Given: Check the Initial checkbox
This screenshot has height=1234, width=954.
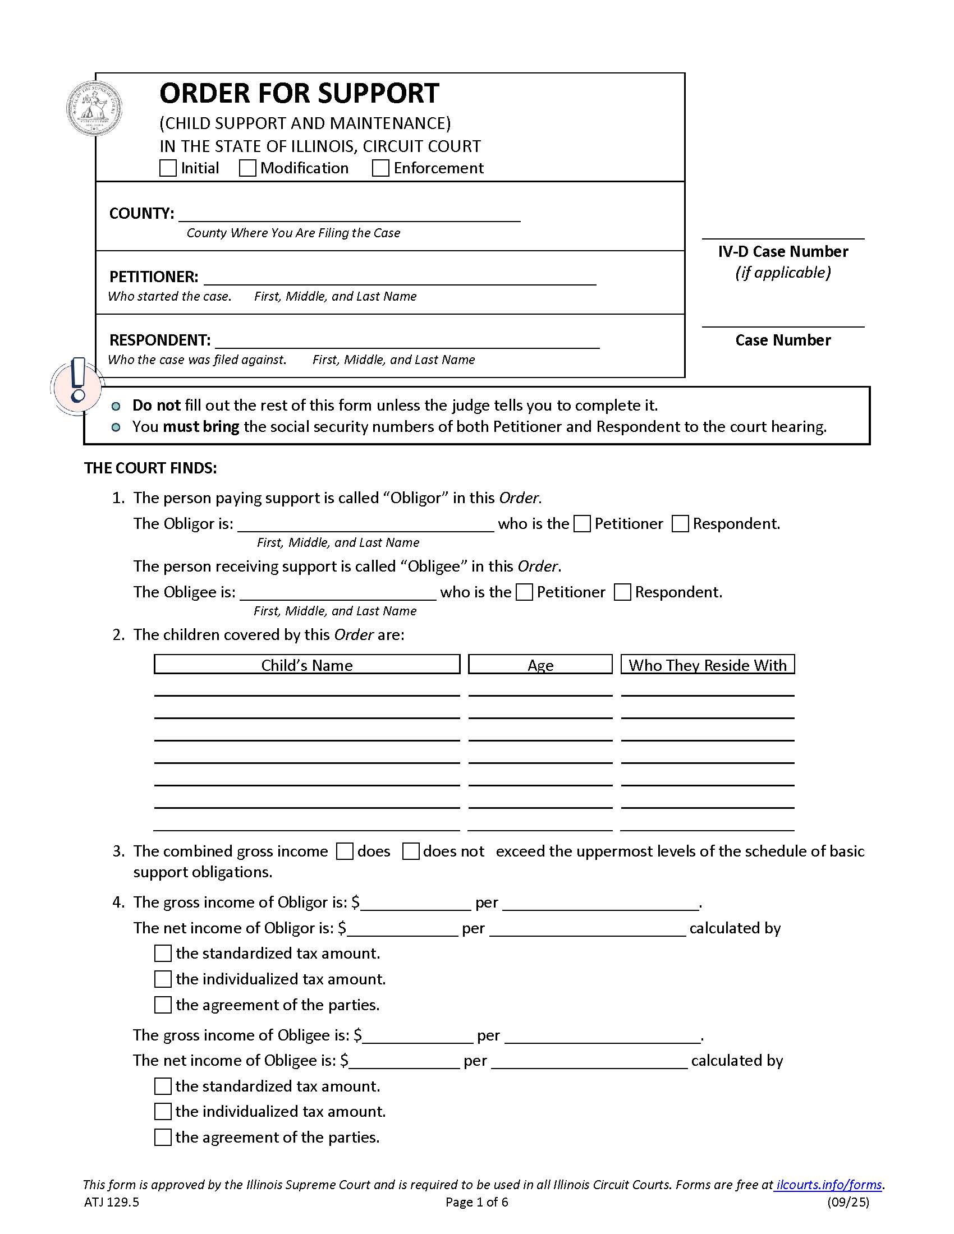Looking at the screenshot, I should [x=168, y=168].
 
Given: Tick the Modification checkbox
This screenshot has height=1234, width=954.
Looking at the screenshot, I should [x=247, y=168].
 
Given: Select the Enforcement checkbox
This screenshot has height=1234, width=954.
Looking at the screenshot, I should [x=380, y=168].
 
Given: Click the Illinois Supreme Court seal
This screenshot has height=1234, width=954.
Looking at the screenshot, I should [x=94, y=108].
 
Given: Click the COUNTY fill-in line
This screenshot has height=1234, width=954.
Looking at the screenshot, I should [x=348, y=215].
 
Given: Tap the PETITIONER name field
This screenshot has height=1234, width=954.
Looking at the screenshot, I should [x=399, y=278].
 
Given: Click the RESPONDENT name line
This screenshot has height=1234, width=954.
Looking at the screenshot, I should [x=407, y=341].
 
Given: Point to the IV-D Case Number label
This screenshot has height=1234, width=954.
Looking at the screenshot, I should [x=783, y=252].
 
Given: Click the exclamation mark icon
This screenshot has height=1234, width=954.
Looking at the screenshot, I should [x=78, y=380].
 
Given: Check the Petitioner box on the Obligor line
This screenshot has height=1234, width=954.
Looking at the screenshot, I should [x=581, y=524].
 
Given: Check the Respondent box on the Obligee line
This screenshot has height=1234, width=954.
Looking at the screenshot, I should [x=622, y=592].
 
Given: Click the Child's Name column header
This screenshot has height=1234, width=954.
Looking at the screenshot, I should [x=307, y=665].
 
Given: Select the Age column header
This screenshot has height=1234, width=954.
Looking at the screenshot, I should [x=540, y=665].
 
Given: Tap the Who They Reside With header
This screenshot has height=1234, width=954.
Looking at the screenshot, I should [x=707, y=665].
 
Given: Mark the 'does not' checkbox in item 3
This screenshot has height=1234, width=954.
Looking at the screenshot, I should [x=411, y=851].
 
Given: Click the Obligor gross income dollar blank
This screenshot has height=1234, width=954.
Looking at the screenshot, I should [x=415, y=903].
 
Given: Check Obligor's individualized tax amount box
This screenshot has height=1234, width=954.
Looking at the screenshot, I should [x=163, y=979].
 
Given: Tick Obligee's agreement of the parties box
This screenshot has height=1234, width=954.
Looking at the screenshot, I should [x=163, y=1137].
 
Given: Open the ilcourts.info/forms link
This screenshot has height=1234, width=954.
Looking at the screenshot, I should [x=828, y=1184].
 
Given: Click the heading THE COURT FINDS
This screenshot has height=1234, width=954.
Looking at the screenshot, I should [x=150, y=468].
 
